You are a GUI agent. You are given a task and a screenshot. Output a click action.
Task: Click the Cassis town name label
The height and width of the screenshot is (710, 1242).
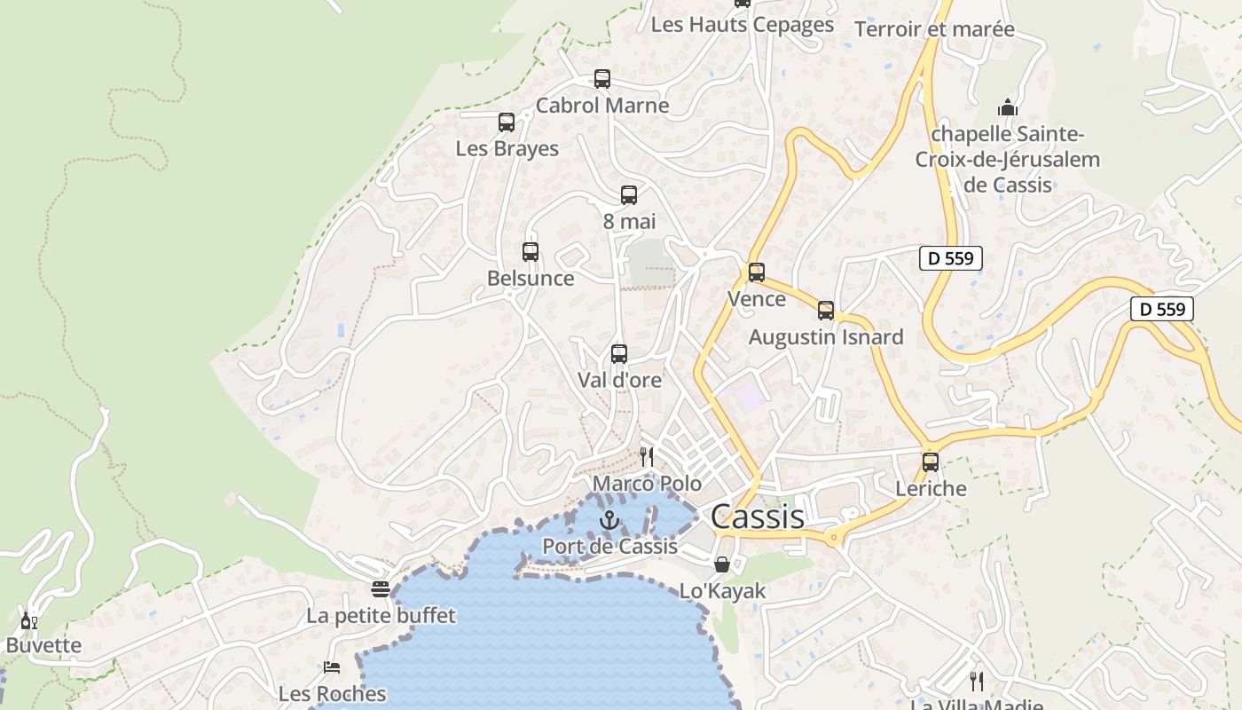(x=758, y=517)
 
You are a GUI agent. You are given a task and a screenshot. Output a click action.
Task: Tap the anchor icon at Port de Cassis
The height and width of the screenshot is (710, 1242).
(x=609, y=520)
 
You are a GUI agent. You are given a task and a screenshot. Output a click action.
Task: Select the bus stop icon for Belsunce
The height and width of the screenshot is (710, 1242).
(x=531, y=252)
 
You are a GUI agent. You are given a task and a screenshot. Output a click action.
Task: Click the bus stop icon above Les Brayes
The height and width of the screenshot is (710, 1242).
(x=507, y=122)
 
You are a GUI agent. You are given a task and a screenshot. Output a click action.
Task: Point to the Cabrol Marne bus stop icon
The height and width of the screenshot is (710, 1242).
(x=602, y=79)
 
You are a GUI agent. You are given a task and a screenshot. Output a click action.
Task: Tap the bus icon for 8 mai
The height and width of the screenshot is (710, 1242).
(x=629, y=195)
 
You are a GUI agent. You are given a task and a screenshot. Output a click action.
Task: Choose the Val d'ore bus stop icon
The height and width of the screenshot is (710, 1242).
(x=619, y=354)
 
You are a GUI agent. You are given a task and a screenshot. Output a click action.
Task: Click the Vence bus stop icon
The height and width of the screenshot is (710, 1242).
(x=757, y=272)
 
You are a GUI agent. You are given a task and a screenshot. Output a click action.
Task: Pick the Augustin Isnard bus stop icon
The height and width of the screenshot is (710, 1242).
(x=826, y=311)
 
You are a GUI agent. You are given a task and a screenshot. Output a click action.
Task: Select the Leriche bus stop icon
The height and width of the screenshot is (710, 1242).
(x=931, y=462)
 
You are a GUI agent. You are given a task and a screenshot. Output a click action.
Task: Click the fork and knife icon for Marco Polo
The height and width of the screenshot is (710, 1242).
(x=647, y=457)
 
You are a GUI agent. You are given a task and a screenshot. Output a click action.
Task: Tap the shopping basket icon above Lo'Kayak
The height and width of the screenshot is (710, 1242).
(x=722, y=564)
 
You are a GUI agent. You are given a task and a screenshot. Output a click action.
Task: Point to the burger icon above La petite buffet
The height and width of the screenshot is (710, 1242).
(x=381, y=589)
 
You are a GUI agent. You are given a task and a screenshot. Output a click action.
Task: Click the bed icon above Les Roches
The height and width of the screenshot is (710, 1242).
(x=332, y=667)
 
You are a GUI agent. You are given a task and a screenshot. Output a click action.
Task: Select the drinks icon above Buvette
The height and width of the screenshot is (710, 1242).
(x=28, y=620)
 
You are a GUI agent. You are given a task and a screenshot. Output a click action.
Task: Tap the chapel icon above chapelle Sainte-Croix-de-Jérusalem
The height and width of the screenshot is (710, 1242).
(x=1007, y=108)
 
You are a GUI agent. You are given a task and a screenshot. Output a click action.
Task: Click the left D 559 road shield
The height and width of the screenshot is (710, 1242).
(x=950, y=259)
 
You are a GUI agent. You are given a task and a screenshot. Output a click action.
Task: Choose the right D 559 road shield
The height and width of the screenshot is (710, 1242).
(x=1161, y=309)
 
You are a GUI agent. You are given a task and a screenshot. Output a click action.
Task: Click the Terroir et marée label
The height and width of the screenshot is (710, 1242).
(x=934, y=29)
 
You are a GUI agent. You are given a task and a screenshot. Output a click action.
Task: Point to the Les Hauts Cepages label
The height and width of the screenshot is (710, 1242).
(x=743, y=25)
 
